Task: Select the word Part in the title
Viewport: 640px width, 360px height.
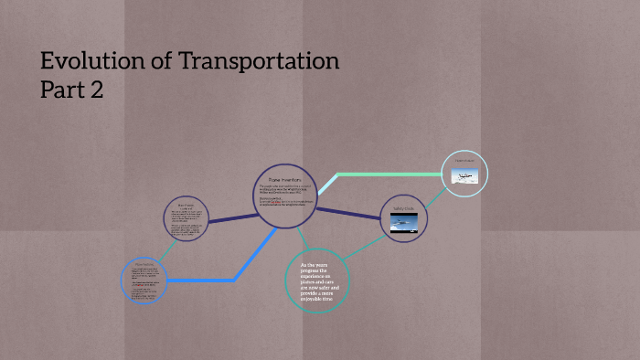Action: pyautogui.click(x=63, y=90)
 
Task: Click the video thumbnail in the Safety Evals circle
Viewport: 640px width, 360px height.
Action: pyautogui.click(x=403, y=227)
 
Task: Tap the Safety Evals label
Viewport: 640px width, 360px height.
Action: pyautogui.click(x=403, y=208)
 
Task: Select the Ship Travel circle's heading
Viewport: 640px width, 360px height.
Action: pyautogui.click(x=185, y=206)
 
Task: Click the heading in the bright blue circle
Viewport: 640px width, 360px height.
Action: pyautogui.click(x=144, y=264)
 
